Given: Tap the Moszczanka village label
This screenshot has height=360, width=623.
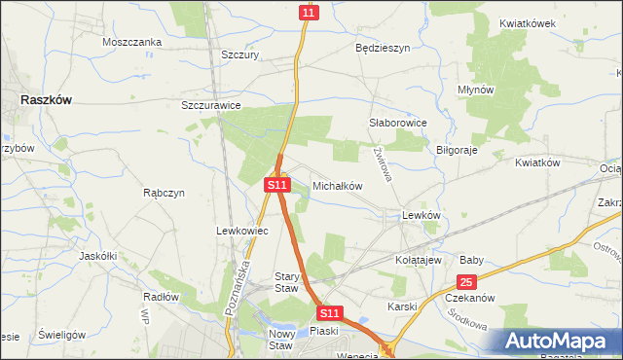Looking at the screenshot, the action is click(131, 42).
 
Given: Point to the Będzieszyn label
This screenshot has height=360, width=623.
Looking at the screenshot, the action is click(383, 47).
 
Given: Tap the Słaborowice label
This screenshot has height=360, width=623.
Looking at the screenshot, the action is click(398, 124).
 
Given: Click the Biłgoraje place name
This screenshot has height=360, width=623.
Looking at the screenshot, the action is click(457, 151).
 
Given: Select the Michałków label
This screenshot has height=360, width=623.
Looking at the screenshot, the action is click(337, 185).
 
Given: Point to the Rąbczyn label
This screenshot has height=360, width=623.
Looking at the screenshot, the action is click(164, 193).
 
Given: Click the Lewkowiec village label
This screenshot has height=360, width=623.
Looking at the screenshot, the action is click(235, 231).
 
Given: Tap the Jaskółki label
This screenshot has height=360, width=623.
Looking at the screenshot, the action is click(97, 256).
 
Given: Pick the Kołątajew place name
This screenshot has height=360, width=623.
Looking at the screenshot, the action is click(419, 260).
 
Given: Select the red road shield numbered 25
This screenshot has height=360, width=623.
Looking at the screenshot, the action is click(467, 282).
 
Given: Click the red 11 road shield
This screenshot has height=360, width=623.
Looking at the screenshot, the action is click(309, 12).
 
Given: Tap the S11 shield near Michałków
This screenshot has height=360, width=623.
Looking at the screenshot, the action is click(277, 184).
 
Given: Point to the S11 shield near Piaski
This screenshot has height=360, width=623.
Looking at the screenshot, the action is click(330, 313).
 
